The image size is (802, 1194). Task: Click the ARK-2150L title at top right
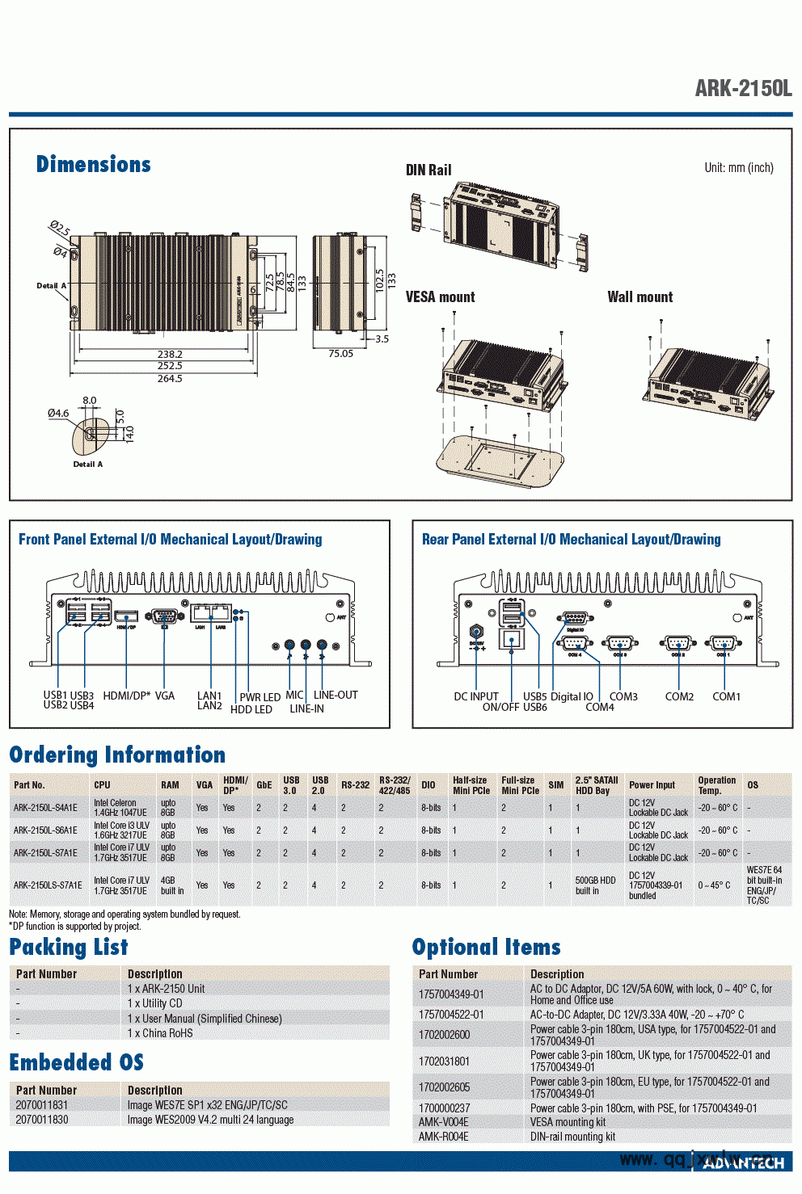(742, 88)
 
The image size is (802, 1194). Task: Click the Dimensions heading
(93, 165)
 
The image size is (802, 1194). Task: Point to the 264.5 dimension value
(170, 378)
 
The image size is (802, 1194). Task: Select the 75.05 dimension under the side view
(340, 354)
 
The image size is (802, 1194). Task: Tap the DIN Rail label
(428, 170)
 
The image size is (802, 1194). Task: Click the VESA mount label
(440, 297)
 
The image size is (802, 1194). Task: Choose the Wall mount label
(639, 297)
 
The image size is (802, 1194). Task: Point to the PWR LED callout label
(260, 697)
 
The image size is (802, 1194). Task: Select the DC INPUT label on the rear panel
(475, 696)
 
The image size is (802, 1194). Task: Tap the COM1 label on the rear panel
(726, 696)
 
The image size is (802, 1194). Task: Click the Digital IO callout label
(572, 696)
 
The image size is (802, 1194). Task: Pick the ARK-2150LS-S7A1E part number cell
(48, 885)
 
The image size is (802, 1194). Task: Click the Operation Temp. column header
(716, 785)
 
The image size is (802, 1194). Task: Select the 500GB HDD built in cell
(595, 885)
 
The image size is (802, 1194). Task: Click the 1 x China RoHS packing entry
(160, 1033)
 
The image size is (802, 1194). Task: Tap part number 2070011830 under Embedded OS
(42, 1120)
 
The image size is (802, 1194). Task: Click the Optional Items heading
(486, 947)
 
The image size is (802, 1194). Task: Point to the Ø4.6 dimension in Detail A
(58, 414)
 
